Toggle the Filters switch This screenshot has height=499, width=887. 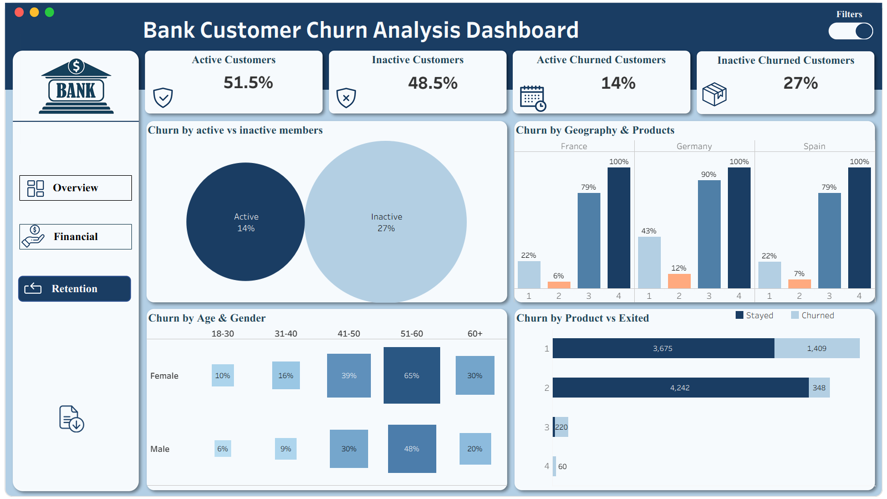(850, 31)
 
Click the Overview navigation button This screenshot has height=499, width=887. (75, 188)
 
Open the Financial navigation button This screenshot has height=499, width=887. (75, 237)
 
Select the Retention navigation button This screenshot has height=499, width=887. (75, 289)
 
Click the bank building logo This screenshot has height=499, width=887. (76, 86)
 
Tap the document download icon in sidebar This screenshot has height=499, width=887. (72, 419)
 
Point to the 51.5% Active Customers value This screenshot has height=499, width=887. (248, 83)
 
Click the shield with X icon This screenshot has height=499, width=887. (346, 98)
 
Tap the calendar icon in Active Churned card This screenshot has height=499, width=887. (533, 98)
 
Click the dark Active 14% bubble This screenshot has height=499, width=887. (246, 222)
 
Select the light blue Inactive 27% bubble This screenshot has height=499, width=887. (386, 222)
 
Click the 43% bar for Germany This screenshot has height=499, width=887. (649, 262)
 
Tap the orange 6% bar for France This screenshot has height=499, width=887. (559, 284)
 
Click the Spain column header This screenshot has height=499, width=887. (814, 146)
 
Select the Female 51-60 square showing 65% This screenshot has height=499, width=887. (411, 375)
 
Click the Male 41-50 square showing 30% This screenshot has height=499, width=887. (349, 449)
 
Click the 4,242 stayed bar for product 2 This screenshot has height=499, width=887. (680, 388)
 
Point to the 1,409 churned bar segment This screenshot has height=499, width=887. (817, 348)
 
